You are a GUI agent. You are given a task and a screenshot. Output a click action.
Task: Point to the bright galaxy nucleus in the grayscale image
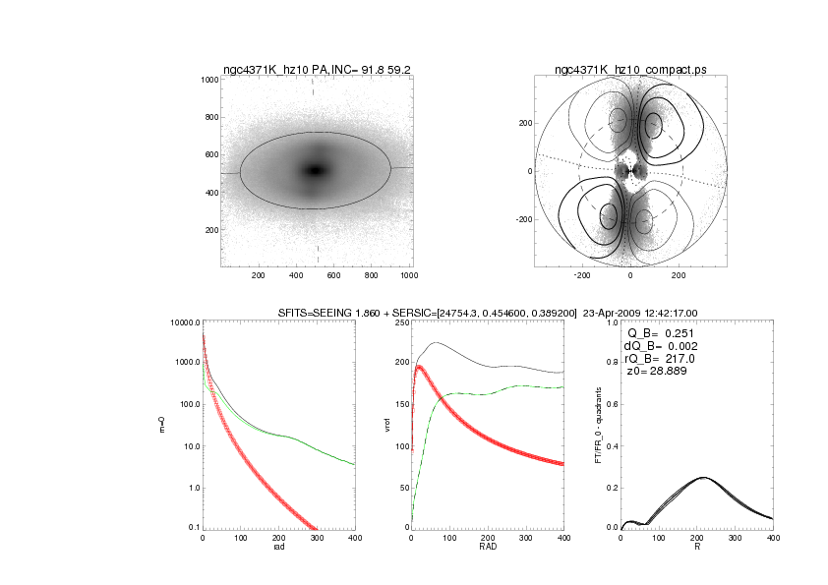click(x=315, y=170)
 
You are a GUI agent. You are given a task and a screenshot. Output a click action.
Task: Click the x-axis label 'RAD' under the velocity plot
click(x=487, y=548)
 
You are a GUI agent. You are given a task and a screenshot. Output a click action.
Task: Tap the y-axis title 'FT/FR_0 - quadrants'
click(x=599, y=426)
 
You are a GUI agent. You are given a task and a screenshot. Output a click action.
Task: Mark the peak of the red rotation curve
click(x=420, y=368)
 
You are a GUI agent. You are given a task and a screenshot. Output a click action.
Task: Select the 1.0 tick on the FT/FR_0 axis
click(x=610, y=322)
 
